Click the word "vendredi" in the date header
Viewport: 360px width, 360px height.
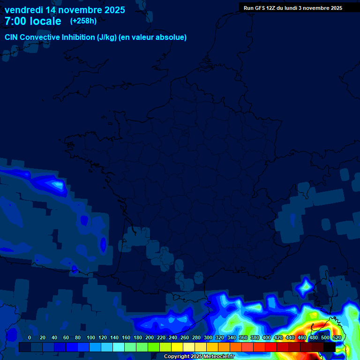pos(23,9)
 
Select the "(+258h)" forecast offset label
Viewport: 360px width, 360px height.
pos(83,21)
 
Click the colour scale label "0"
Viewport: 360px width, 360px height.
pos(30,337)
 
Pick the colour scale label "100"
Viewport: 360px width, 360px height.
pos(91,337)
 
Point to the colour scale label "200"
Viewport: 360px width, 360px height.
pos(150,337)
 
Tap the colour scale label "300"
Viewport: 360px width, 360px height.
pos(208,337)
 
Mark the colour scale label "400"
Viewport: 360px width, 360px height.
pos(267,337)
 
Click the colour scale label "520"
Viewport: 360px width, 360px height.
pos(337,337)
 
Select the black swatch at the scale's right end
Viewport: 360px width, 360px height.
pos(330,347)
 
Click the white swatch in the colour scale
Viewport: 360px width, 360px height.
pos(189,347)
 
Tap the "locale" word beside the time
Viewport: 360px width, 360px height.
pos(46,21)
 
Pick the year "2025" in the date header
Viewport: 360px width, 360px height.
pos(112,9)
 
